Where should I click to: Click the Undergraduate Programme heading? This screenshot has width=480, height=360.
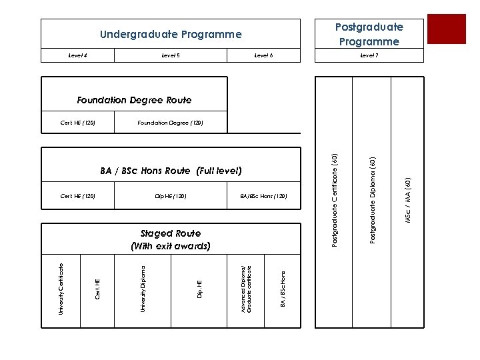coord(171,34)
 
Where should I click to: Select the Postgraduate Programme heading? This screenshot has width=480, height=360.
coord(369,34)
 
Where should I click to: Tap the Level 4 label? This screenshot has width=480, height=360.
coord(78,55)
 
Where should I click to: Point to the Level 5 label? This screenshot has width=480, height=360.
coord(171,55)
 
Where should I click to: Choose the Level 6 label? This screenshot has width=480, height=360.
coord(264,55)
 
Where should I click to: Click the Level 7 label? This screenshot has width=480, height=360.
coord(369,55)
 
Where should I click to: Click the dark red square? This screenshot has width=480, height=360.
coord(446,29)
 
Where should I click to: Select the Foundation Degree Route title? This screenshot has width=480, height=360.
coord(134,100)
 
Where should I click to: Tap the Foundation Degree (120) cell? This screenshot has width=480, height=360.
coord(170,123)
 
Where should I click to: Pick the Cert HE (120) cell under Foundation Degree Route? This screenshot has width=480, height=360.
coord(78,123)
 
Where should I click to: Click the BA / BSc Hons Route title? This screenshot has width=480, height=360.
coord(171,171)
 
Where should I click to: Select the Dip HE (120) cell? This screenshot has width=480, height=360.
coord(171,196)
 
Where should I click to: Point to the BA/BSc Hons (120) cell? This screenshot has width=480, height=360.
coord(263,196)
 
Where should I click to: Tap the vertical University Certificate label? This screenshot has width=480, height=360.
coord(61,289)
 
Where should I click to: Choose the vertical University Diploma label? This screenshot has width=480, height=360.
coord(143,289)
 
